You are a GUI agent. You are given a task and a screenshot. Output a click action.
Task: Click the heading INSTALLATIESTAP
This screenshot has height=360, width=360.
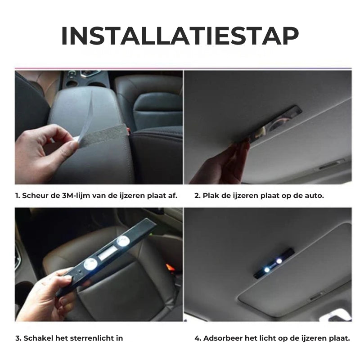tap(180, 36)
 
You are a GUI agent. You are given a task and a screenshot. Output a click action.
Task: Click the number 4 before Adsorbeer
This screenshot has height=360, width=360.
tap(197, 338)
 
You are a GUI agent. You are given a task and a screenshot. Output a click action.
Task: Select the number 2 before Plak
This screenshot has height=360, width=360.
tap(197, 196)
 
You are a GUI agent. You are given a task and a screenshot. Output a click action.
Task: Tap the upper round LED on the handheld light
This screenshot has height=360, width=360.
tap(123, 242)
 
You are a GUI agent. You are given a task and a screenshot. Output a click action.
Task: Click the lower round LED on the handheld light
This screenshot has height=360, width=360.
tap(90, 264)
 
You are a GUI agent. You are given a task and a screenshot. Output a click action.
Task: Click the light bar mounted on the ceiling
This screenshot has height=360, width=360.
tap(274, 263)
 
